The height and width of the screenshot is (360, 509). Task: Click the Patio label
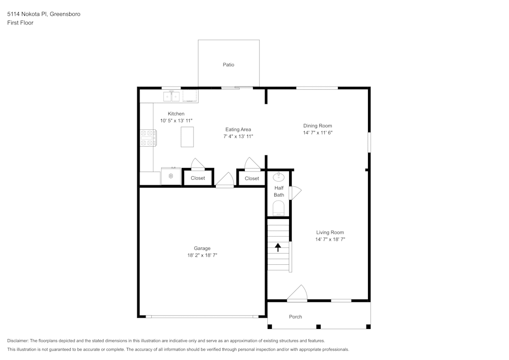pos(229,65)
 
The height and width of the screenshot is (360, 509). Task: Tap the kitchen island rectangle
pos(187,137)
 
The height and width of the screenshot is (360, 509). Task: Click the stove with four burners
pos(148,138)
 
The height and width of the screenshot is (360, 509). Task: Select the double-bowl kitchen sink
pos(172,95)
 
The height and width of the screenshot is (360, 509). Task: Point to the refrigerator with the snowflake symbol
pos(171,176)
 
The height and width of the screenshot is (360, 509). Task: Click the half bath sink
pos(278,177)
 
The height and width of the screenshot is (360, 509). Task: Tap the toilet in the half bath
pos(278,208)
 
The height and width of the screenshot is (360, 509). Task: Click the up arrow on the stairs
pos(278,247)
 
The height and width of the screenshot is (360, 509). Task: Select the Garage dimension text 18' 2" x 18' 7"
pos(202,255)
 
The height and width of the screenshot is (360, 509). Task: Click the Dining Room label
pos(318,126)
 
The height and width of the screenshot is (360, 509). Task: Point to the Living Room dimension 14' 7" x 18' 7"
pos(330,239)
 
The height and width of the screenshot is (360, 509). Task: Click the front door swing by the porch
pos(298,293)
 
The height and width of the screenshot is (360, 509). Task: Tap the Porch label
pos(295,317)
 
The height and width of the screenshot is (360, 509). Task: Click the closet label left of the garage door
pos(198,178)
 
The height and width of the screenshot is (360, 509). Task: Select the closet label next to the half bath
pos(251,178)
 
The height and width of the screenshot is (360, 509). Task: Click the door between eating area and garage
pos(225,180)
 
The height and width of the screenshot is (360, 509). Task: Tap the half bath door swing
pos(295,192)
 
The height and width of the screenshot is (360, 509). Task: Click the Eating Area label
pos(238,129)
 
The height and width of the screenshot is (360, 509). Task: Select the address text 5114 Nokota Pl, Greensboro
pos(43,14)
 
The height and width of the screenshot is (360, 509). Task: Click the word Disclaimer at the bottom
pos(18,341)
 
